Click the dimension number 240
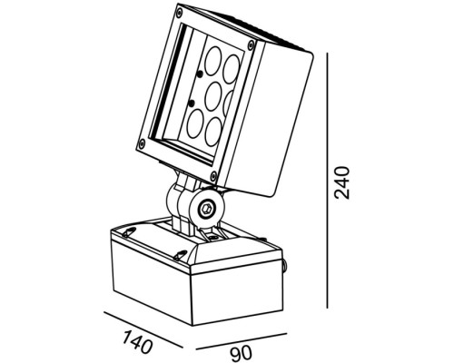coord(341,182)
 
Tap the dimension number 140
coord(137,342)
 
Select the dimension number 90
coord(241,353)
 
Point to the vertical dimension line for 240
coord(328,181)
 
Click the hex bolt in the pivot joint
coord(207,208)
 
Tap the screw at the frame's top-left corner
coord(180,13)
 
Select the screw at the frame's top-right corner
coord(251,44)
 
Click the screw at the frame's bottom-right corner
coord(213,176)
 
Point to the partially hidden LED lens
coord(228,103)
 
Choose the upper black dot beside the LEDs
coord(200,74)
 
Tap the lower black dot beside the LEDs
coord(191,103)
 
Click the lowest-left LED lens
coord(195,124)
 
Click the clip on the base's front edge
coord(181,255)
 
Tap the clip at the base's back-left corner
coord(129,232)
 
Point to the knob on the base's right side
coord(285,264)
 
